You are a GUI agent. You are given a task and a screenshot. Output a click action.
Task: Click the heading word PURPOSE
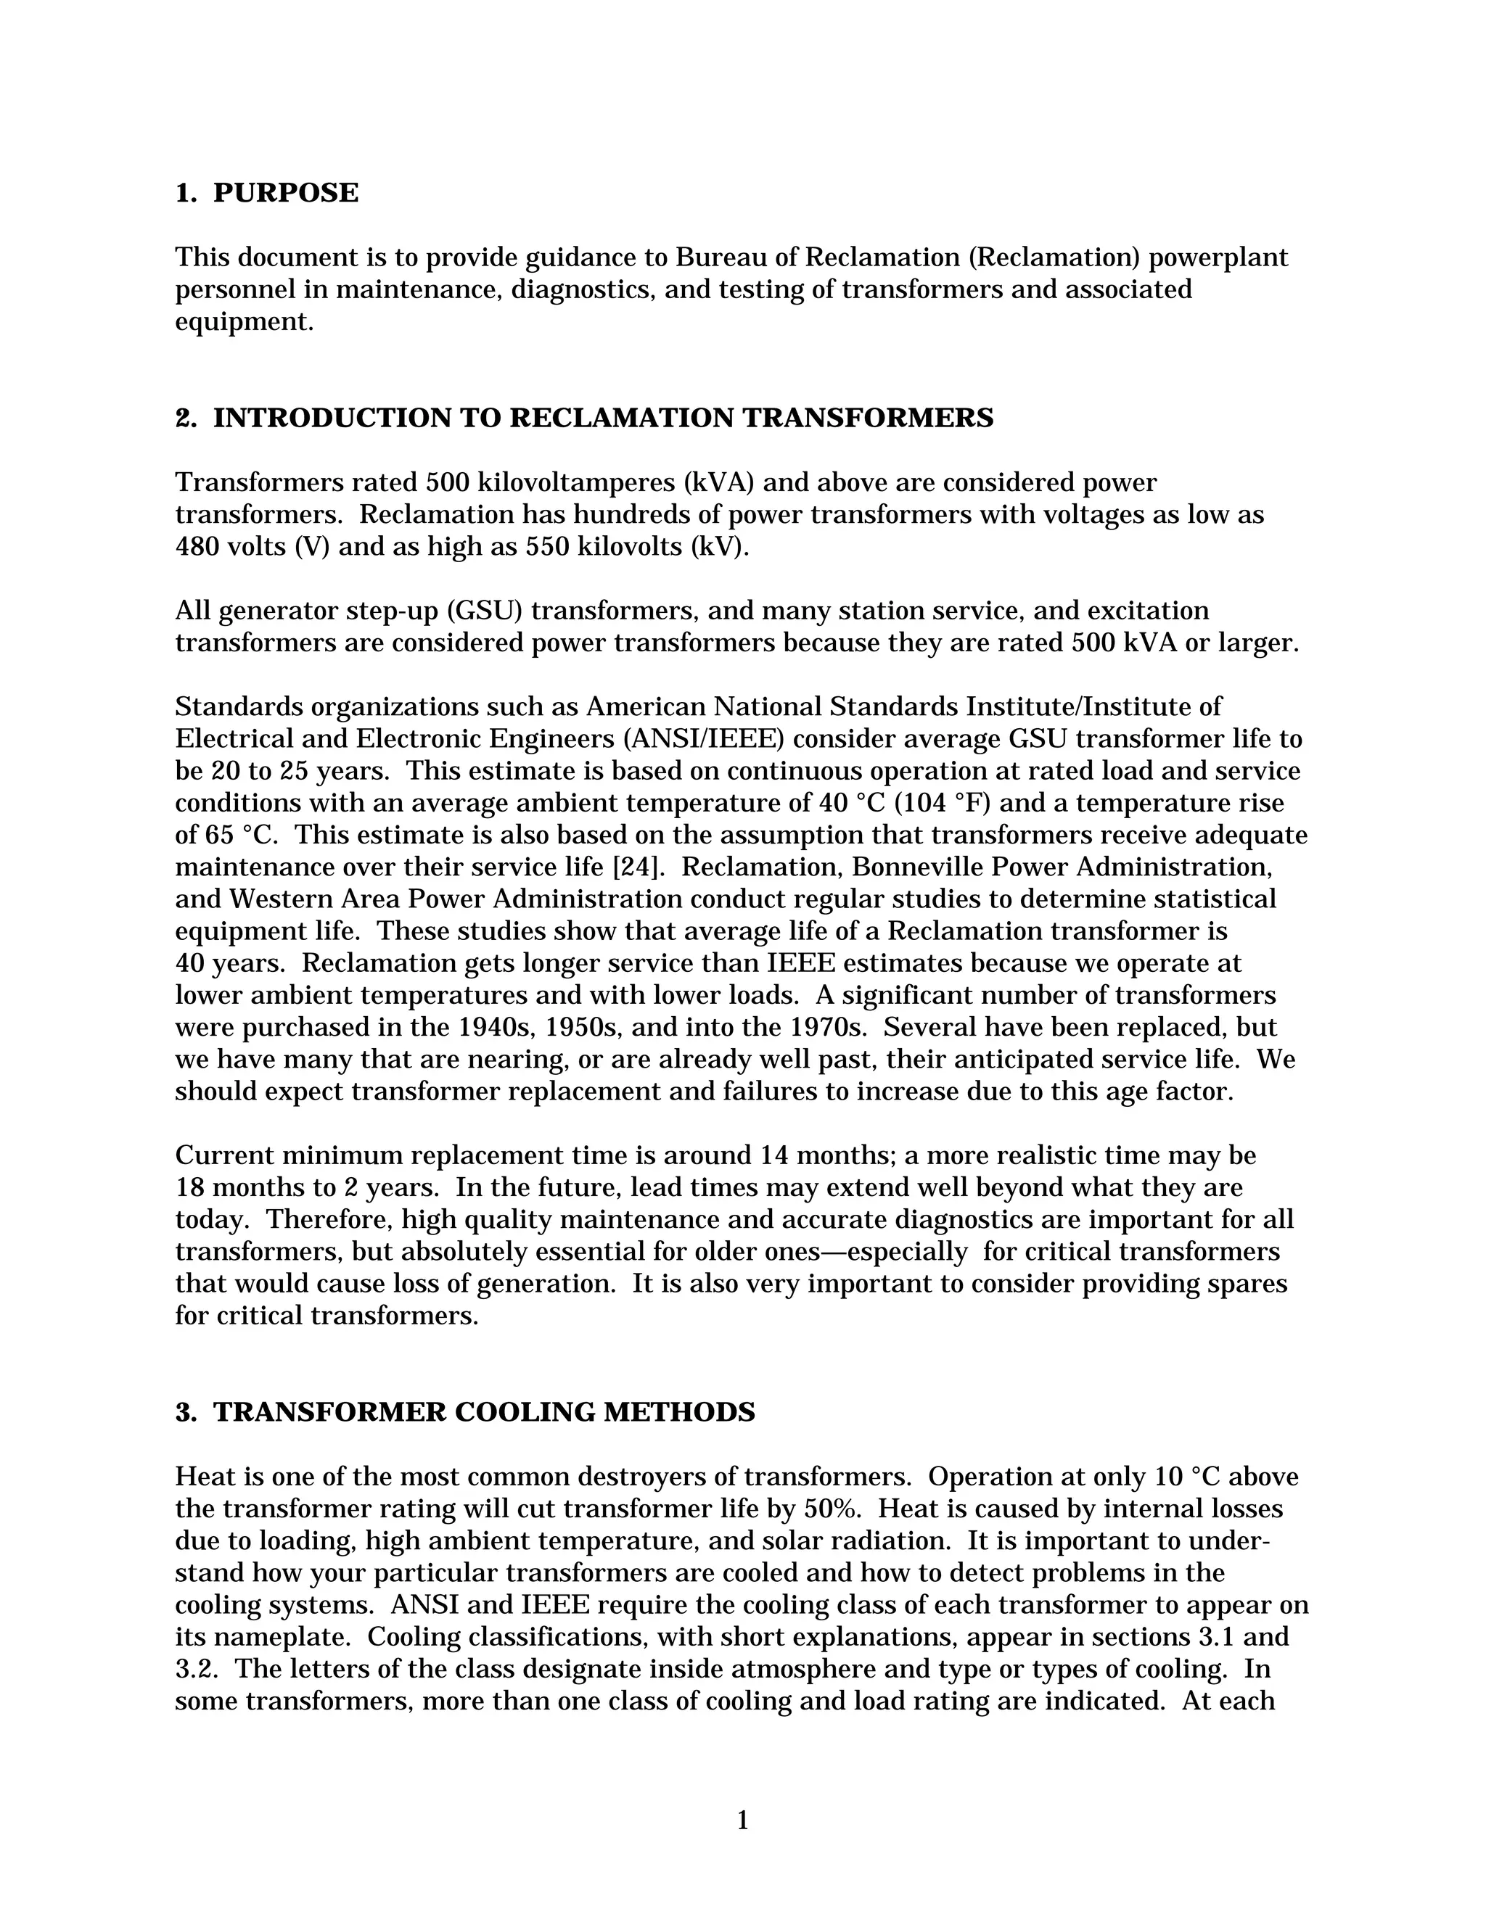click(x=285, y=193)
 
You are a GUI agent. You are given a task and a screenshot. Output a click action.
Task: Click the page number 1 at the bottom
click(x=742, y=1820)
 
